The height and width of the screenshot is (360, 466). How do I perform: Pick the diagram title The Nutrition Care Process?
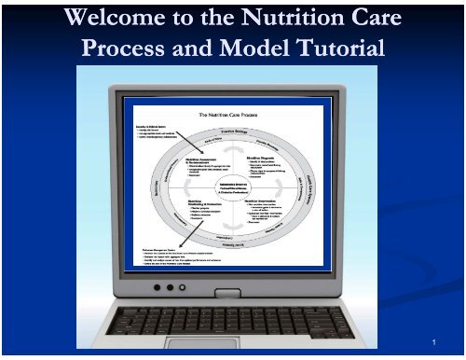coord(233,115)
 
